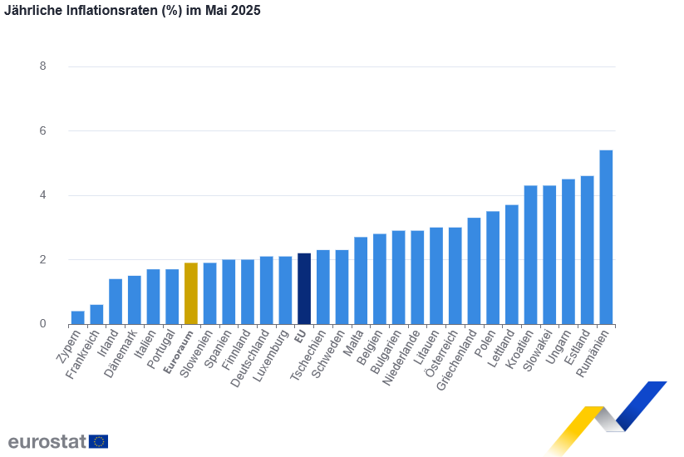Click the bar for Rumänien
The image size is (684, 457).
click(606, 237)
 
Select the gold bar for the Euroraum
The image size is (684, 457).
click(190, 293)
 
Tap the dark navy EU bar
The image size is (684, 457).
click(304, 288)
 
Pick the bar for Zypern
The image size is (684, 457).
click(77, 317)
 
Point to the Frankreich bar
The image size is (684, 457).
click(96, 314)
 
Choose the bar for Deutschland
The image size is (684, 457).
click(266, 290)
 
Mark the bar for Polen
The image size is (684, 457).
click(493, 268)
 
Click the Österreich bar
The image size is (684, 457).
click(455, 275)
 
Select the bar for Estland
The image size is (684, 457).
click(587, 249)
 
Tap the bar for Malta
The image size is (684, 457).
click(361, 280)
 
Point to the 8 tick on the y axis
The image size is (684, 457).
click(42, 66)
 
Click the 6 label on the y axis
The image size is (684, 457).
click(42, 131)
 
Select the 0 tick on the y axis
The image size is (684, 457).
click(42, 324)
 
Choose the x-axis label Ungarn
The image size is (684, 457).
click(560, 348)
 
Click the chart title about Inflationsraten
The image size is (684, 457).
click(132, 12)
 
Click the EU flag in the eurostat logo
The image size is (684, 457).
click(98, 441)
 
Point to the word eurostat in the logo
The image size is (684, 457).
click(47, 441)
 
